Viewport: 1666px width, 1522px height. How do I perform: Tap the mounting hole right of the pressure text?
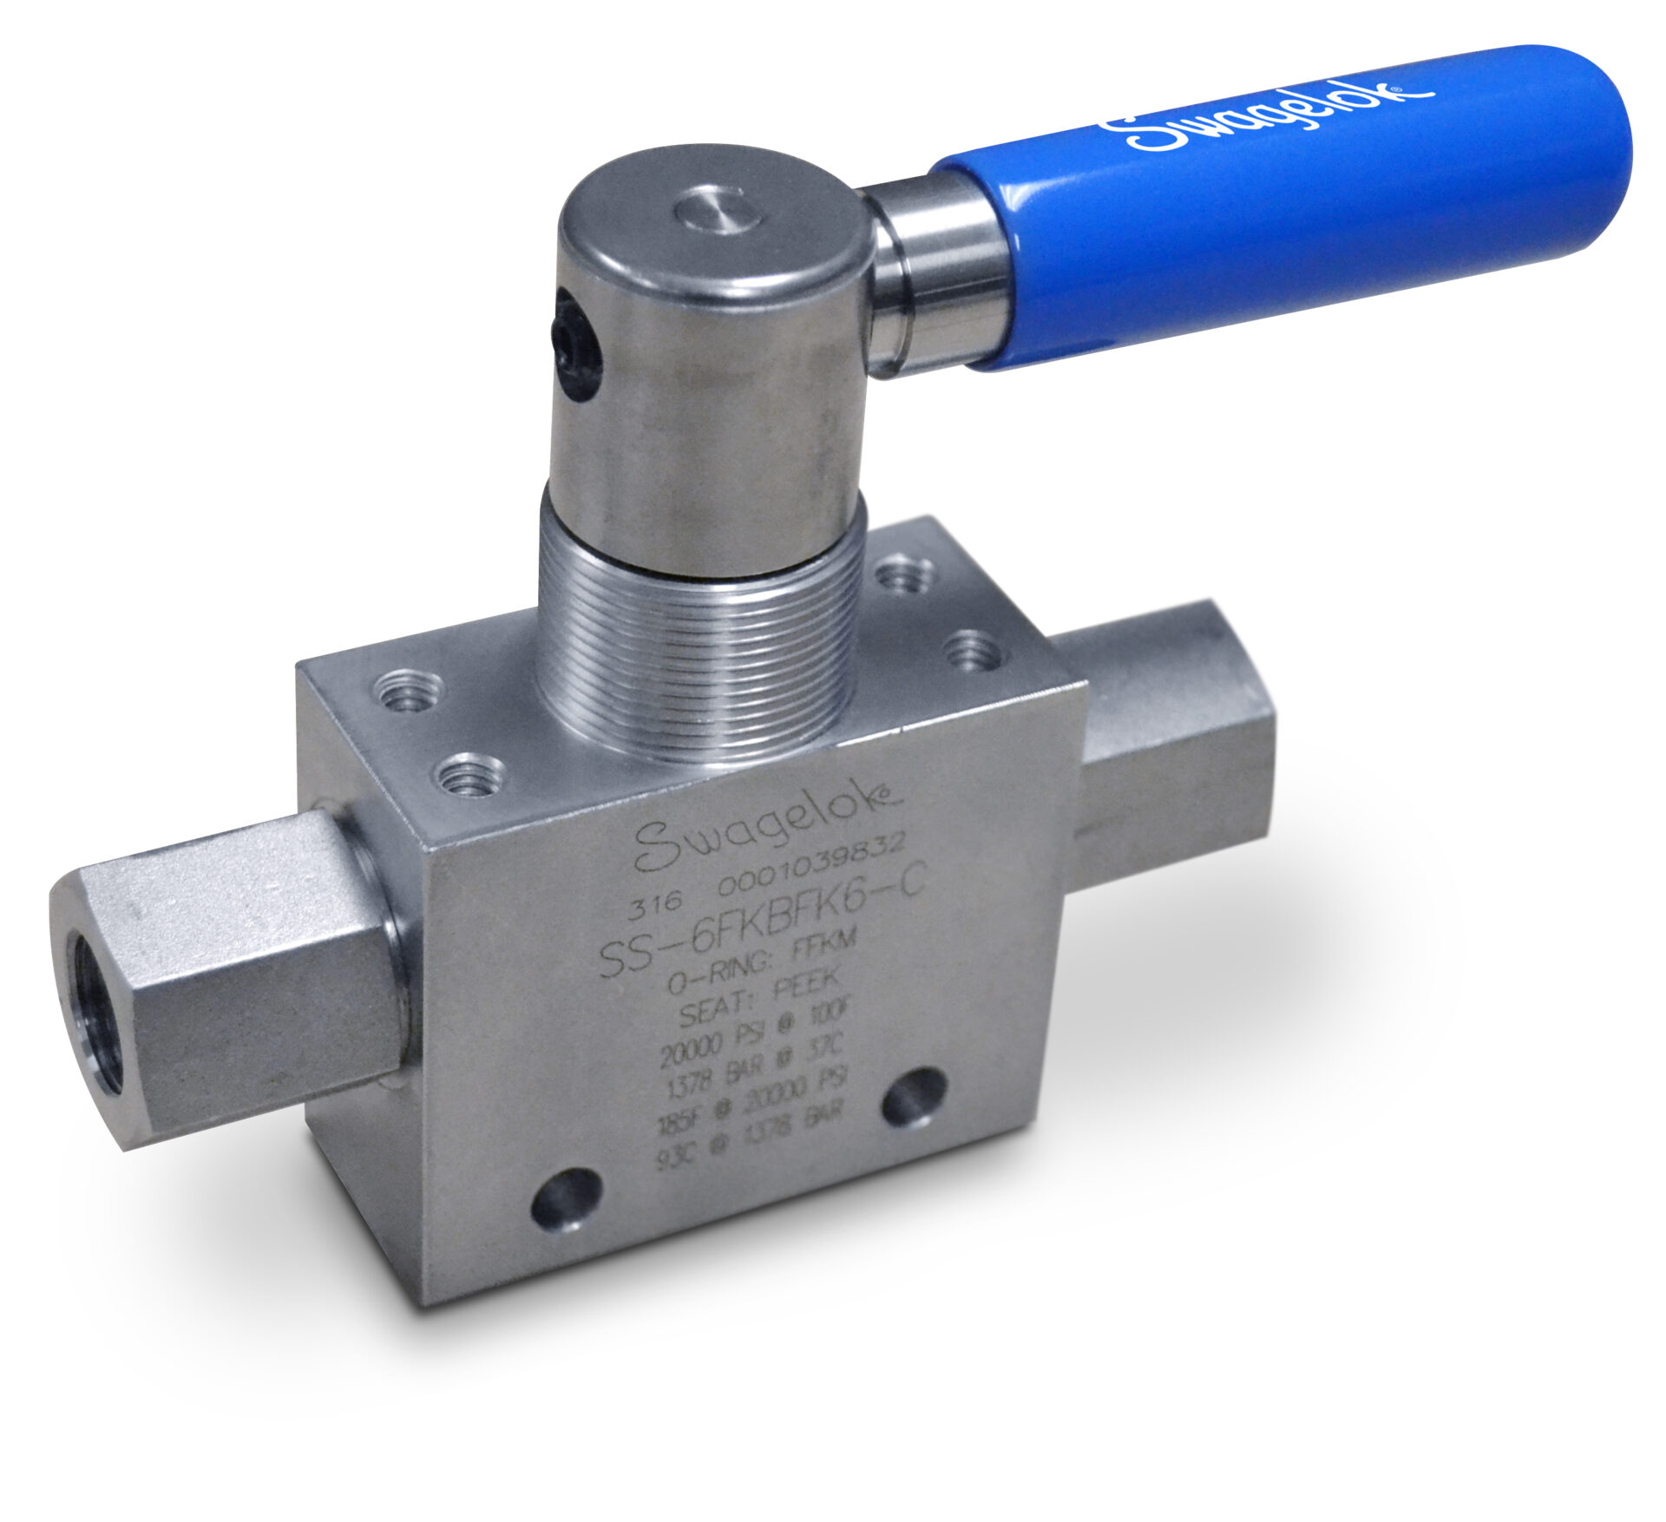[x=915, y=1098]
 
